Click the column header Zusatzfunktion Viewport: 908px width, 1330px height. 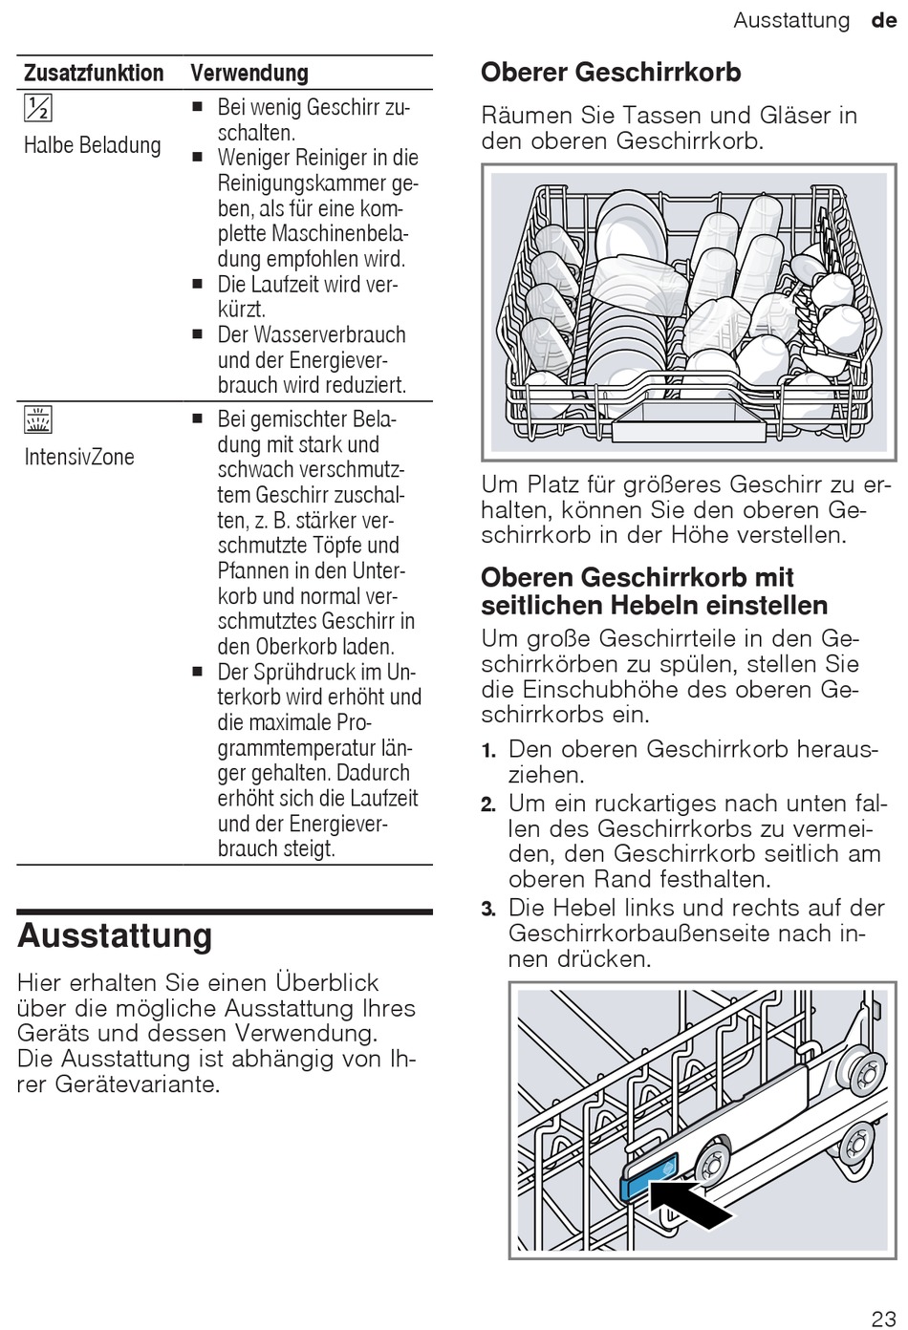click(93, 73)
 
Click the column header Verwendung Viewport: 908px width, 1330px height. click(249, 73)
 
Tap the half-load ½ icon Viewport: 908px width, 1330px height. click(38, 109)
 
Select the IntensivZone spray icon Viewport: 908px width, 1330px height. click(38, 419)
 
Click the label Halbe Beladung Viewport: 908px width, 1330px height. click(92, 145)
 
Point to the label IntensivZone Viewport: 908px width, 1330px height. click(79, 457)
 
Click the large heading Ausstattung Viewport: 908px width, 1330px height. click(115, 935)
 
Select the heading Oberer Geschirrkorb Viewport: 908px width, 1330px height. click(611, 73)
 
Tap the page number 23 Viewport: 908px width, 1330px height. click(884, 1319)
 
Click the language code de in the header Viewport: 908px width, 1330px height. click(884, 20)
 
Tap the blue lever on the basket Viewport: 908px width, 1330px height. click(649, 1176)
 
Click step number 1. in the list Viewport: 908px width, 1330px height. click(488, 750)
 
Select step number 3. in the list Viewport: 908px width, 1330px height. click(488, 909)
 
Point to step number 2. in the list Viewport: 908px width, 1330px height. click(488, 804)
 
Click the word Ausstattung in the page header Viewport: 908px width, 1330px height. click(791, 20)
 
